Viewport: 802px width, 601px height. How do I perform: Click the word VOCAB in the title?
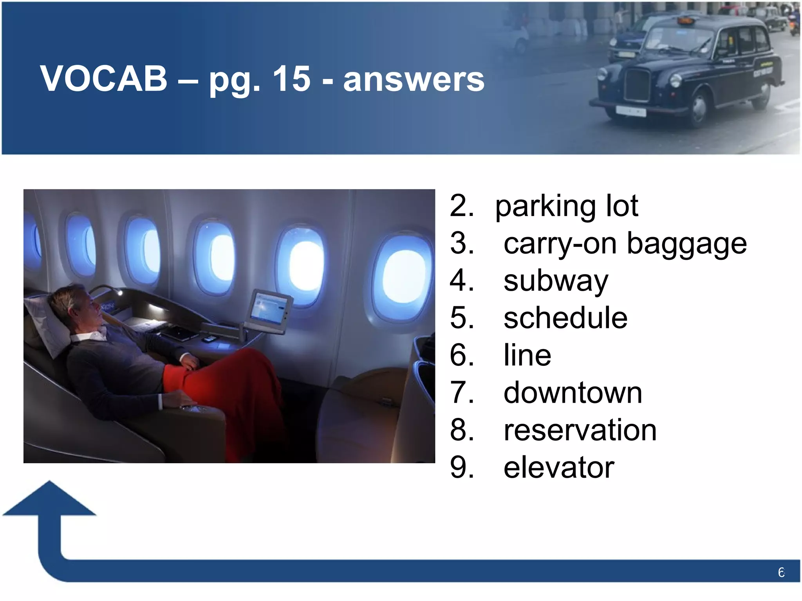(104, 79)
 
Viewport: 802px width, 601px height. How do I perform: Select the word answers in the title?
(414, 79)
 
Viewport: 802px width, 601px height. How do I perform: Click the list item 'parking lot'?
(566, 206)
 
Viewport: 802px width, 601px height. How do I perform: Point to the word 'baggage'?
(686, 244)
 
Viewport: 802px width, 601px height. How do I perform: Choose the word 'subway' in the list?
(556, 281)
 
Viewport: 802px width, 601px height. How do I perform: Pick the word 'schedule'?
(565, 318)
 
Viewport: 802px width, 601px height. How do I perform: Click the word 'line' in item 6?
(527, 355)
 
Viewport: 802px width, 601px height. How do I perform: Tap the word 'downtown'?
(573, 393)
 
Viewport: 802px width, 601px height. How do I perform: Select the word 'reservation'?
(580, 430)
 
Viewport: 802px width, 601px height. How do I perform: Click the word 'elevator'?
(558, 468)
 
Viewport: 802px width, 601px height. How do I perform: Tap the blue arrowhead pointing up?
(50, 501)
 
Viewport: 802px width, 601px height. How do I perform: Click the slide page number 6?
(781, 573)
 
